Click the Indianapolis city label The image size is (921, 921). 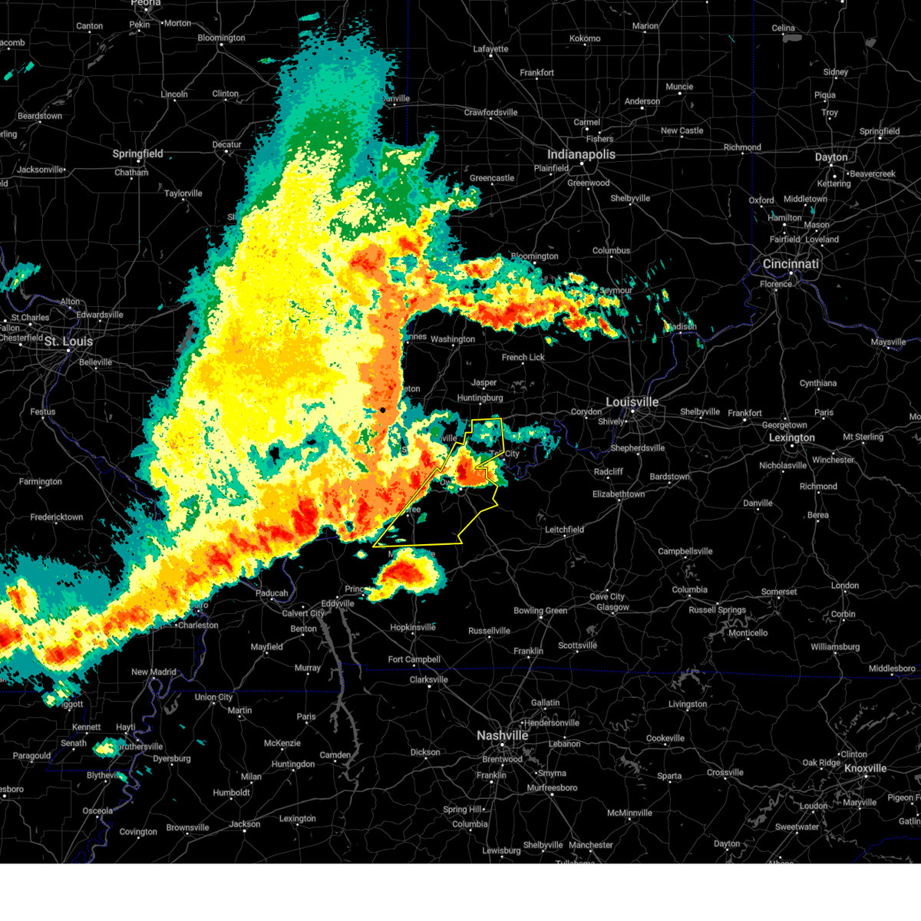581,154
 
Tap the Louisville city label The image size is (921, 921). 632,402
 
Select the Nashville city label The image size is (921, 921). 502,735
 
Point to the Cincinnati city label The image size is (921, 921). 791,264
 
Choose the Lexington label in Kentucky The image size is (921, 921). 791,438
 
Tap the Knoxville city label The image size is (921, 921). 865,768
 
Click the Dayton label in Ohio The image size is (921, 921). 831,157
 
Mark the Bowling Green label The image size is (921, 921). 540,611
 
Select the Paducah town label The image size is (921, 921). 272,593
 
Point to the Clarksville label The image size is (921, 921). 428,680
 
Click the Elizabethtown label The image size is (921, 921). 618,494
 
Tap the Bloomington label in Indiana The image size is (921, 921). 534,256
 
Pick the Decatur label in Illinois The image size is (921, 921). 226,144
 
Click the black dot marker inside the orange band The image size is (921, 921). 382,410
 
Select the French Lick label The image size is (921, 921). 523,358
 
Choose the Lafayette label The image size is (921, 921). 490,49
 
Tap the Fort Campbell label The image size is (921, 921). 414,659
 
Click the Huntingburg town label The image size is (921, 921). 480,398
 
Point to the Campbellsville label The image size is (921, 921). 685,551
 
